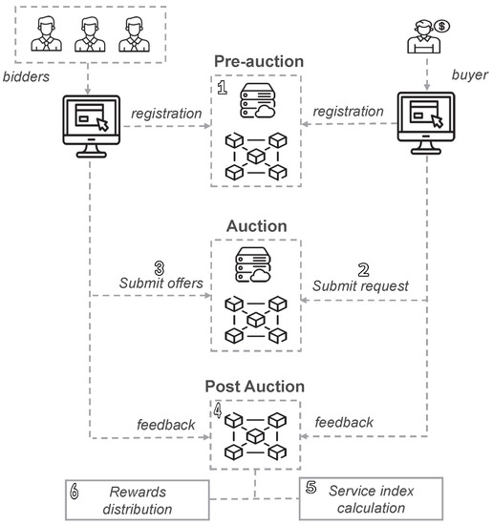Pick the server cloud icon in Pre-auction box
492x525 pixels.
point(253,101)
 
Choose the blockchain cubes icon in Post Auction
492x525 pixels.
point(253,436)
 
